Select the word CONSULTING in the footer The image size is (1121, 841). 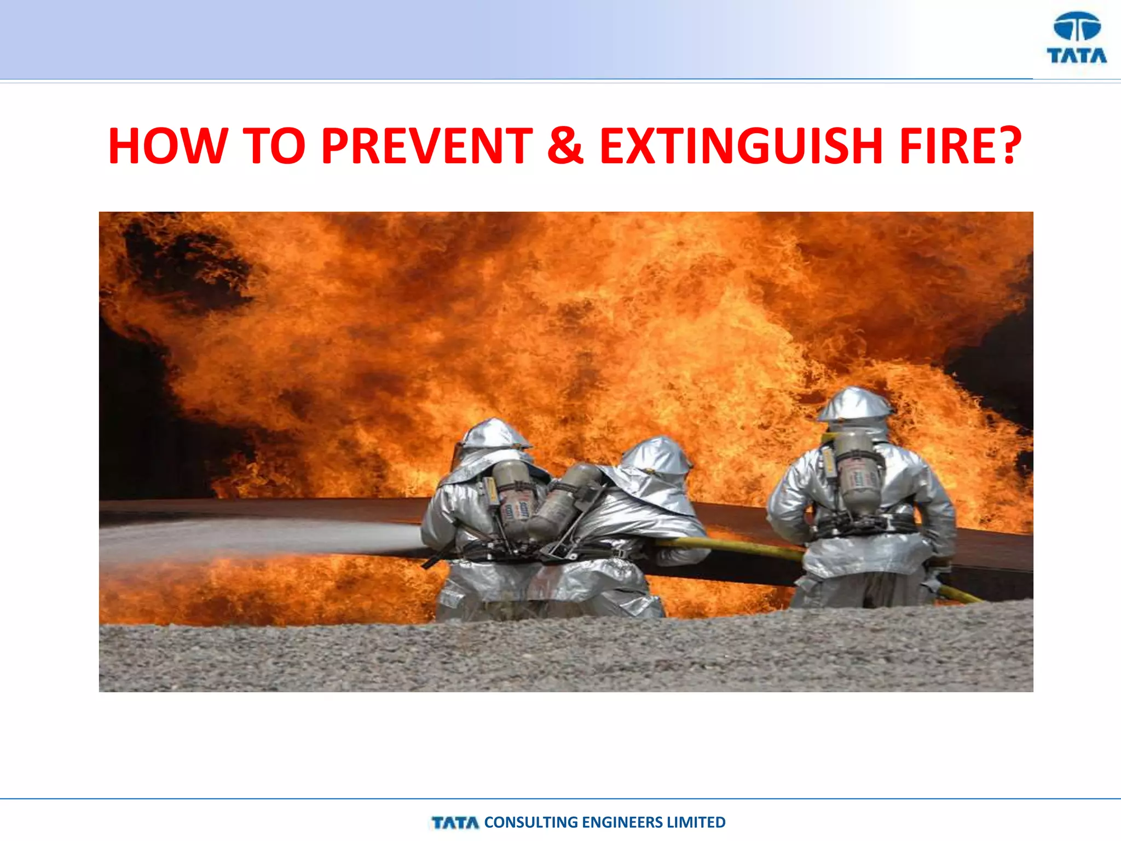click(x=531, y=822)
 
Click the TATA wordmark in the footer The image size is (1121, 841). click(x=455, y=823)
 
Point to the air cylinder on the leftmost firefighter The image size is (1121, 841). click(x=513, y=496)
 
